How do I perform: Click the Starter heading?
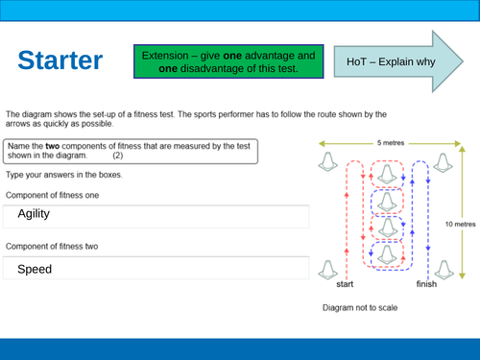pos(60,60)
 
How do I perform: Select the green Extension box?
pos(228,61)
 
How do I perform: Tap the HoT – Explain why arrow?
pos(398,61)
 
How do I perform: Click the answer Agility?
pos(34,214)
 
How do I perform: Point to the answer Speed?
pos(35,269)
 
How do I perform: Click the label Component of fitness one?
pos(52,195)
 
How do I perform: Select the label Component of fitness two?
pos(52,247)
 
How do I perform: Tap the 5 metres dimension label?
pos(391,143)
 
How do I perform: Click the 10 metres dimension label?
pos(461,224)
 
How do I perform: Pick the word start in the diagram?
pos(345,284)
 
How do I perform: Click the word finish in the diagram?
pos(426,284)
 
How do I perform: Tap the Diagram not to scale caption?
pos(360,307)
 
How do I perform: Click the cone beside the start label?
pos(328,270)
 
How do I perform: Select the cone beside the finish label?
pos(444,270)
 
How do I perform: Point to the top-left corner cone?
pos(328,161)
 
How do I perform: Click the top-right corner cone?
pos(444,163)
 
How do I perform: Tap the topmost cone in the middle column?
pos(387,174)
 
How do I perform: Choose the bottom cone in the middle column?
pos(387,254)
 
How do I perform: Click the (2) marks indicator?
pos(118,156)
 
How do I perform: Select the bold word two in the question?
pos(53,146)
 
